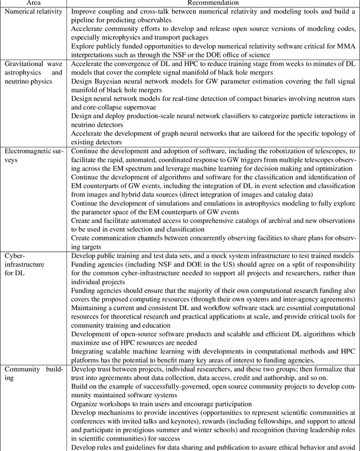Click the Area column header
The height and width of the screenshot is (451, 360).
[33, 3]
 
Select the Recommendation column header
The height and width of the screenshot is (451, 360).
[214, 3]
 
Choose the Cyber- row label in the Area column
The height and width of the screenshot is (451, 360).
[16, 255]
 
